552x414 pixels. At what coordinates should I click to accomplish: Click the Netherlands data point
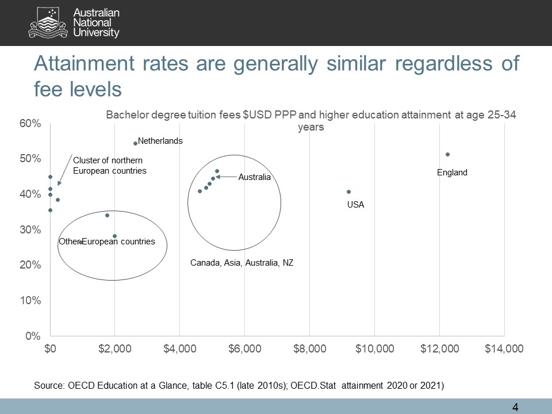tap(136, 143)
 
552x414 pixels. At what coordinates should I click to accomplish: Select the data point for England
tap(447, 154)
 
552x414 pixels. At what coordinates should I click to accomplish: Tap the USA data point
tap(348, 191)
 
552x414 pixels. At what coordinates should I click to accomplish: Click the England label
tap(452, 172)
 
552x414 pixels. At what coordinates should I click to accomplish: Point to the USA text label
tap(355, 204)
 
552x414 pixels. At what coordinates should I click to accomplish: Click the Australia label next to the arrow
tap(254, 177)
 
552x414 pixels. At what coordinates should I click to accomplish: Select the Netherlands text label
tap(160, 141)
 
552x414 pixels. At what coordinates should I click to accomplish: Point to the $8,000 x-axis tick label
tap(309, 349)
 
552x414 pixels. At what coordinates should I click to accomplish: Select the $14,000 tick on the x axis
tap(504, 349)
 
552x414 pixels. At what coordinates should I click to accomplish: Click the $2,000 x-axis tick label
tap(115, 349)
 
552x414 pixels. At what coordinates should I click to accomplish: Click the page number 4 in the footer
tap(515, 408)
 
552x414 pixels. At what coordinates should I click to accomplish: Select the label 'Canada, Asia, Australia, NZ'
tap(242, 263)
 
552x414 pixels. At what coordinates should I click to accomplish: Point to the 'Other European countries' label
tap(107, 241)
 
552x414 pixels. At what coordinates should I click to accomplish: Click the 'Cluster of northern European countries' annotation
tap(110, 165)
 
